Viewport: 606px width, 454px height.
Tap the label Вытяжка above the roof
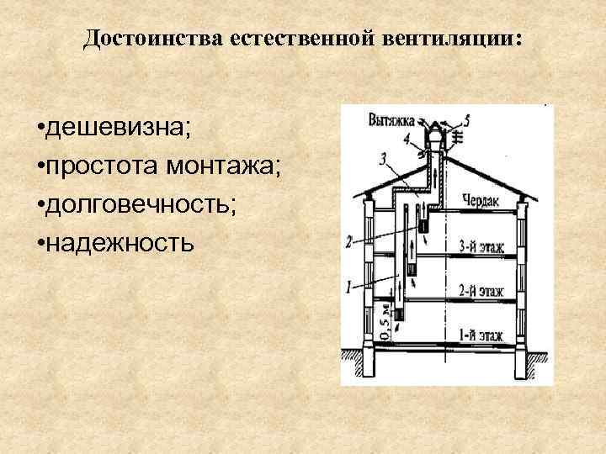coord(391,119)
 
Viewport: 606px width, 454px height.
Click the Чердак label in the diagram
coord(481,200)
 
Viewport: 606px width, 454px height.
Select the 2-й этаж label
coord(481,292)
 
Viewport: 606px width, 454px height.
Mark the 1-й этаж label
coord(481,335)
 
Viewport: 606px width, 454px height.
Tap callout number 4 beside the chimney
coord(407,139)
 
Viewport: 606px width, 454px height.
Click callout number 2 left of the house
coord(348,242)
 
